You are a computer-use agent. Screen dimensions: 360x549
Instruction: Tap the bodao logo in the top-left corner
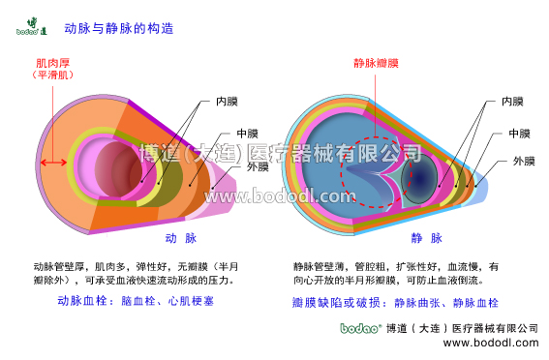(x=31, y=26)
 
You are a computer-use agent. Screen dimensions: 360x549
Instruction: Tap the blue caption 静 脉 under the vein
(x=427, y=237)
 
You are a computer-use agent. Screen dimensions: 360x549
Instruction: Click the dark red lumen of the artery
(x=121, y=165)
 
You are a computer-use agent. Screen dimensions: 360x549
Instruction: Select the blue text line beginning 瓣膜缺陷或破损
(x=389, y=302)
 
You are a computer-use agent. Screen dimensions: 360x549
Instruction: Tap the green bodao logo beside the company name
(x=359, y=329)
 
